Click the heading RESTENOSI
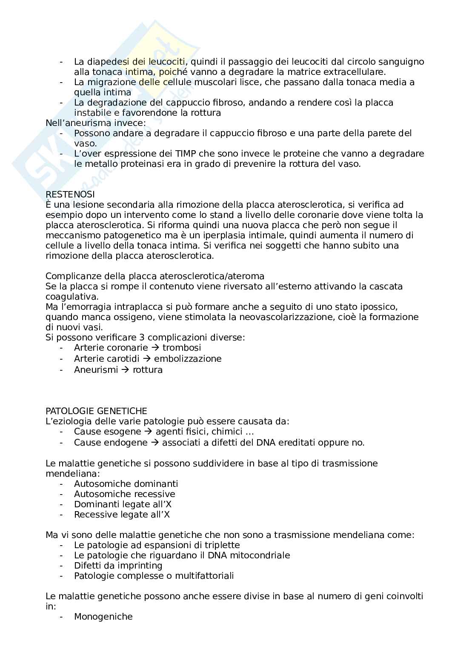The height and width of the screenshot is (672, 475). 70,194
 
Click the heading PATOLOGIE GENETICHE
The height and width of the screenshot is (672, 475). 96,411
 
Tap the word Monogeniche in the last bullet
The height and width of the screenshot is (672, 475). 103,617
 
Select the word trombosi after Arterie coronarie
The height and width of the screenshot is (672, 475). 182,348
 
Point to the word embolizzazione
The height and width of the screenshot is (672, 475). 188,359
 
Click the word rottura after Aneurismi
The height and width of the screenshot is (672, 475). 148,370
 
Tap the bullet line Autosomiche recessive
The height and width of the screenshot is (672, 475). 124,494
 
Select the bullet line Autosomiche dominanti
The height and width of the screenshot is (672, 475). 126,484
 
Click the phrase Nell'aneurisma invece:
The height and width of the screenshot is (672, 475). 96,123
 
